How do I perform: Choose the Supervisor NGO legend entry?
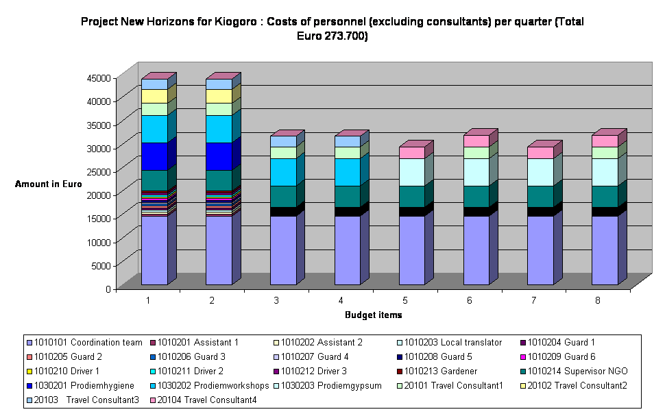point(581,372)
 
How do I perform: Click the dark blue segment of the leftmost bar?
point(154,156)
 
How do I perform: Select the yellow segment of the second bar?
point(219,96)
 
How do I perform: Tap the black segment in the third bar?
point(283,211)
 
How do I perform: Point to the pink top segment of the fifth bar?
point(412,152)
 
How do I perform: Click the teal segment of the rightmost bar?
point(605,196)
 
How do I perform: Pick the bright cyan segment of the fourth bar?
point(348,172)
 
